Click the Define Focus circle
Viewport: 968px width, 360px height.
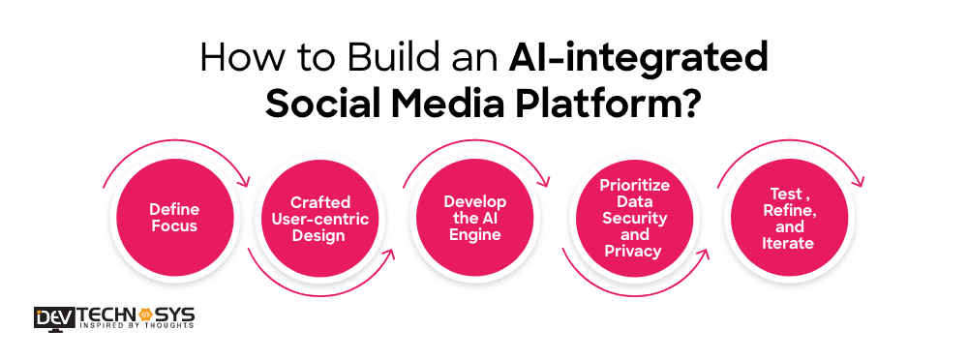[x=173, y=218]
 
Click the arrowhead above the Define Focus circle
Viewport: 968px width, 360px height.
[x=247, y=181]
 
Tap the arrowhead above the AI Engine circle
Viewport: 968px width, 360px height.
[x=547, y=181]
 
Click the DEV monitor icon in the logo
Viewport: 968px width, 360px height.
[x=48, y=318]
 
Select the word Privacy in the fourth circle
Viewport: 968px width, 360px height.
[x=633, y=251]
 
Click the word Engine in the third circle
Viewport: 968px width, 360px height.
[x=475, y=234]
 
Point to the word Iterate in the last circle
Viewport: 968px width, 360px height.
[x=787, y=243]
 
